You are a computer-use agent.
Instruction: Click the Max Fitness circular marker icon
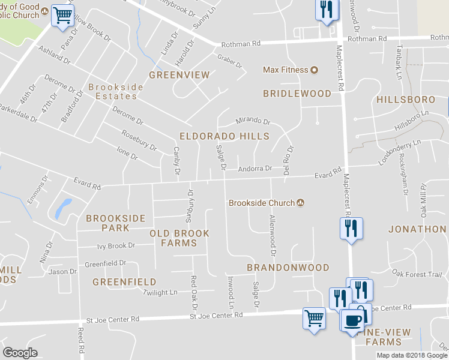(313, 70)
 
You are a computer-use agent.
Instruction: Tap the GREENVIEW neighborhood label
(179, 75)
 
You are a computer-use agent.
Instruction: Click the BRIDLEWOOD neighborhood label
(297, 94)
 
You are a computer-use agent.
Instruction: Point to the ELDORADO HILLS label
(224, 136)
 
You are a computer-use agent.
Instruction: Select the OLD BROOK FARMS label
(179, 238)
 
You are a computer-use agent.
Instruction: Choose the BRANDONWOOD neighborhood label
(288, 267)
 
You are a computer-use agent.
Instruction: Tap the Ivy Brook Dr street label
(116, 245)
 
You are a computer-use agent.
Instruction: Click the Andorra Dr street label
(255, 169)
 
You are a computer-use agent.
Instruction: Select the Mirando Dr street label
(253, 121)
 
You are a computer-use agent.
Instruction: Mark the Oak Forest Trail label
(417, 274)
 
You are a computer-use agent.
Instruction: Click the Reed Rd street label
(80, 340)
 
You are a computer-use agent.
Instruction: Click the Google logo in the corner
(20, 353)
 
